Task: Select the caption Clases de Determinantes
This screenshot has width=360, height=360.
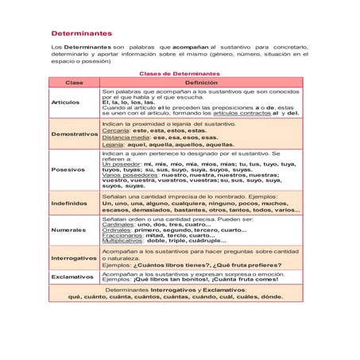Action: (x=180, y=73)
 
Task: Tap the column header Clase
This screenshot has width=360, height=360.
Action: (x=74, y=83)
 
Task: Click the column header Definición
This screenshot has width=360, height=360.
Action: (x=201, y=83)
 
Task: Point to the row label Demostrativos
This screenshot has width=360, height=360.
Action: (x=74, y=134)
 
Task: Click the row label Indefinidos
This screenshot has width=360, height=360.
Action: (x=69, y=203)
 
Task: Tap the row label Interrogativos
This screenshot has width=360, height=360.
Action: (x=74, y=258)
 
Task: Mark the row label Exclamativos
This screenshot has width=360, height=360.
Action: (x=72, y=277)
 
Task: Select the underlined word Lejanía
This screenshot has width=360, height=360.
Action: (x=114, y=145)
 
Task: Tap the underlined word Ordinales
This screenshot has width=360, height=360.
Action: (x=117, y=230)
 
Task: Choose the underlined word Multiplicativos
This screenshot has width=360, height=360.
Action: (x=125, y=242)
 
